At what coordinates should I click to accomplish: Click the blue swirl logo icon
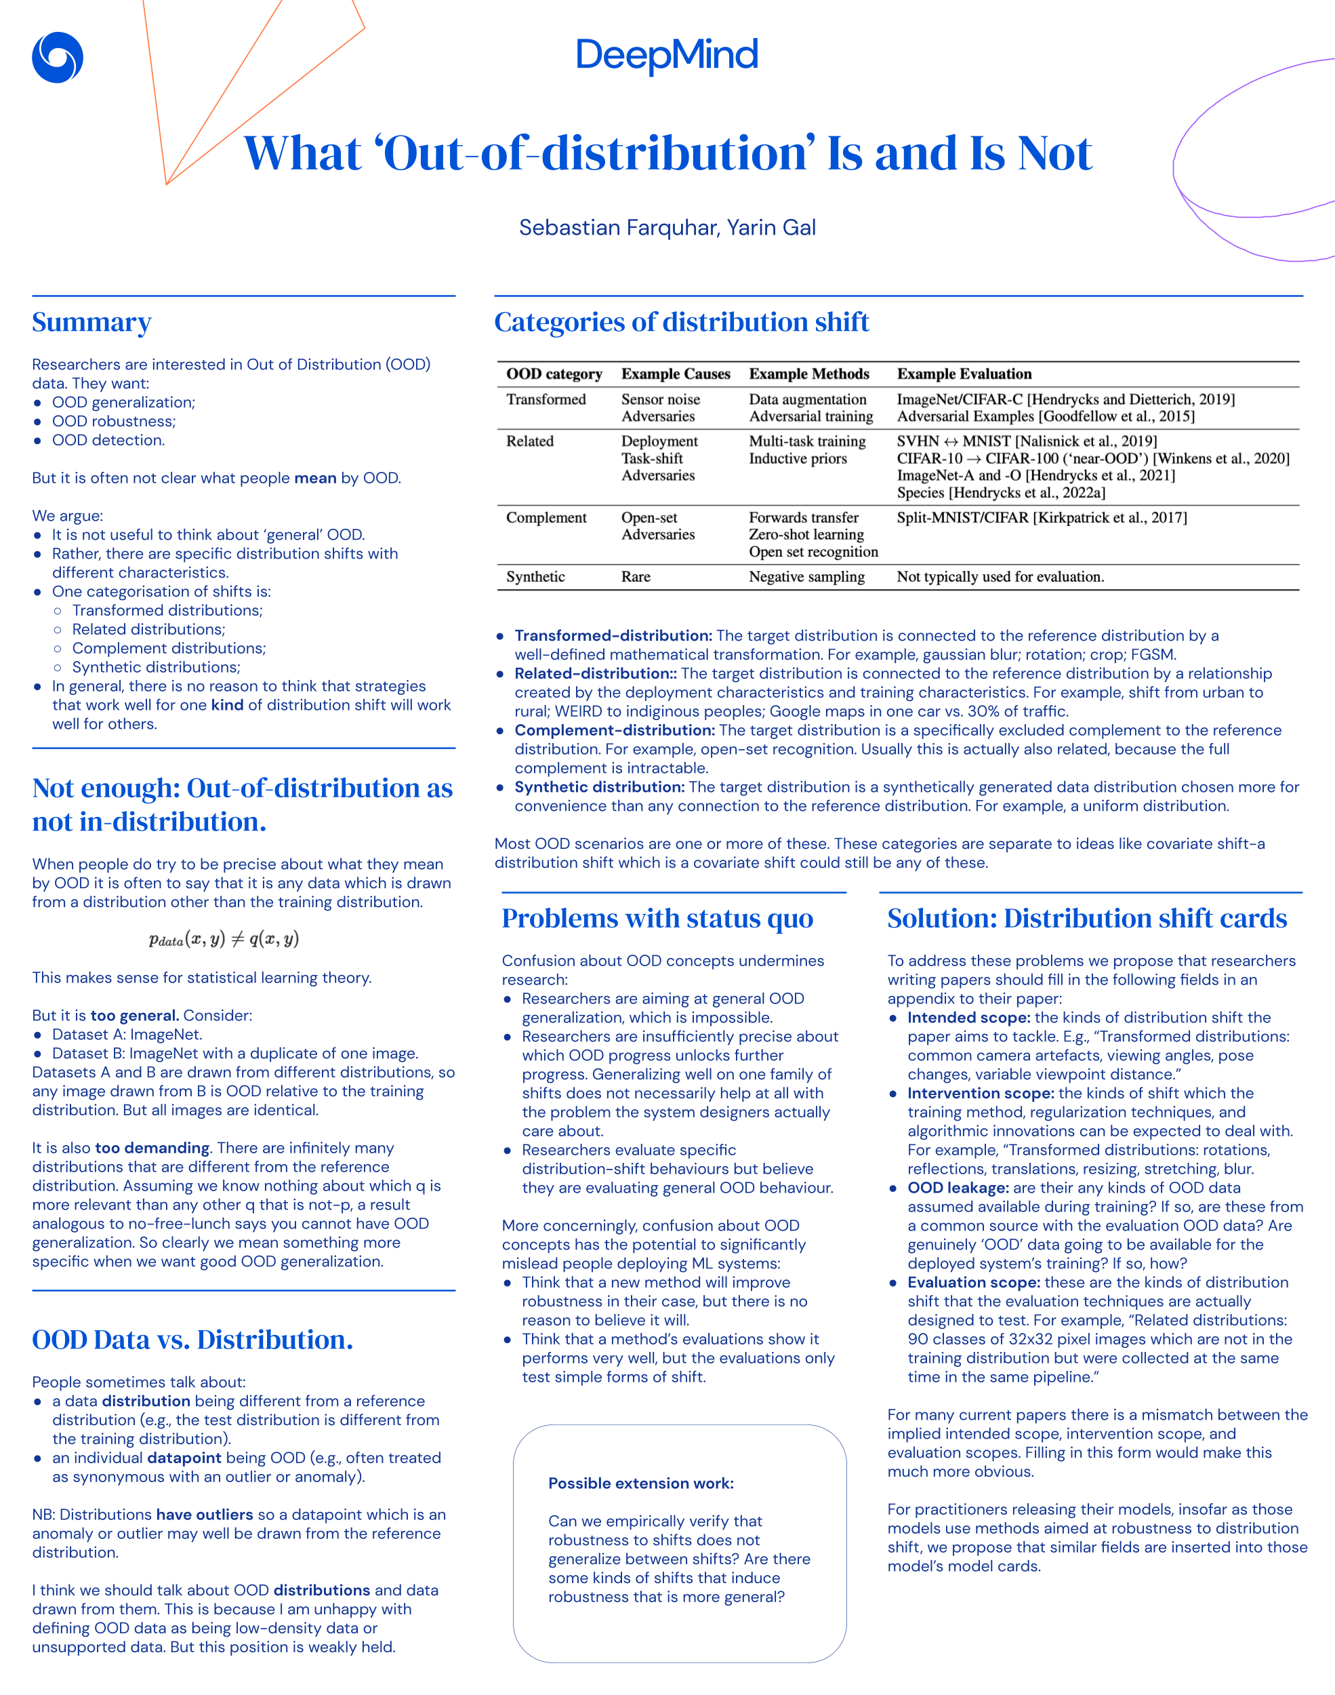[57, 57]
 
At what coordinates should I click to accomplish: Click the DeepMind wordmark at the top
[667, 55]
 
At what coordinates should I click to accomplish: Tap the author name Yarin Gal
[771, 228]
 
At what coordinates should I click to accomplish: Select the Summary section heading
[91, 322]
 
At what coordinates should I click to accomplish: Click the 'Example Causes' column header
[676, 374]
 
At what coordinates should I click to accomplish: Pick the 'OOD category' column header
[554, 374]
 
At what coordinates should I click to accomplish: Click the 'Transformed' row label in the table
[546, 399]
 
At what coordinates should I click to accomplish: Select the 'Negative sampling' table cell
[806, 577]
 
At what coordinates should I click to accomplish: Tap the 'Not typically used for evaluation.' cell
[1000, 577]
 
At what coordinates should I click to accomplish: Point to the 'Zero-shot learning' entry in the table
[806, 535]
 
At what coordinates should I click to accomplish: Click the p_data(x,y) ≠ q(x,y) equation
[224, 939]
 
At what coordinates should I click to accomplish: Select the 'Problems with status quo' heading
[657, 918]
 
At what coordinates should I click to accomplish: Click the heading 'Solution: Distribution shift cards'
[1086, 918]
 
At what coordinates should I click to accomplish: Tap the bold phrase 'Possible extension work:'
[641, 1483]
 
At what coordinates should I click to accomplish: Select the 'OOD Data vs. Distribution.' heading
[192, 1339]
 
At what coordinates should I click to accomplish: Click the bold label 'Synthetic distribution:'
[599, 786]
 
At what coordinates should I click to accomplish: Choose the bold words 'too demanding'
[152, 1148]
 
